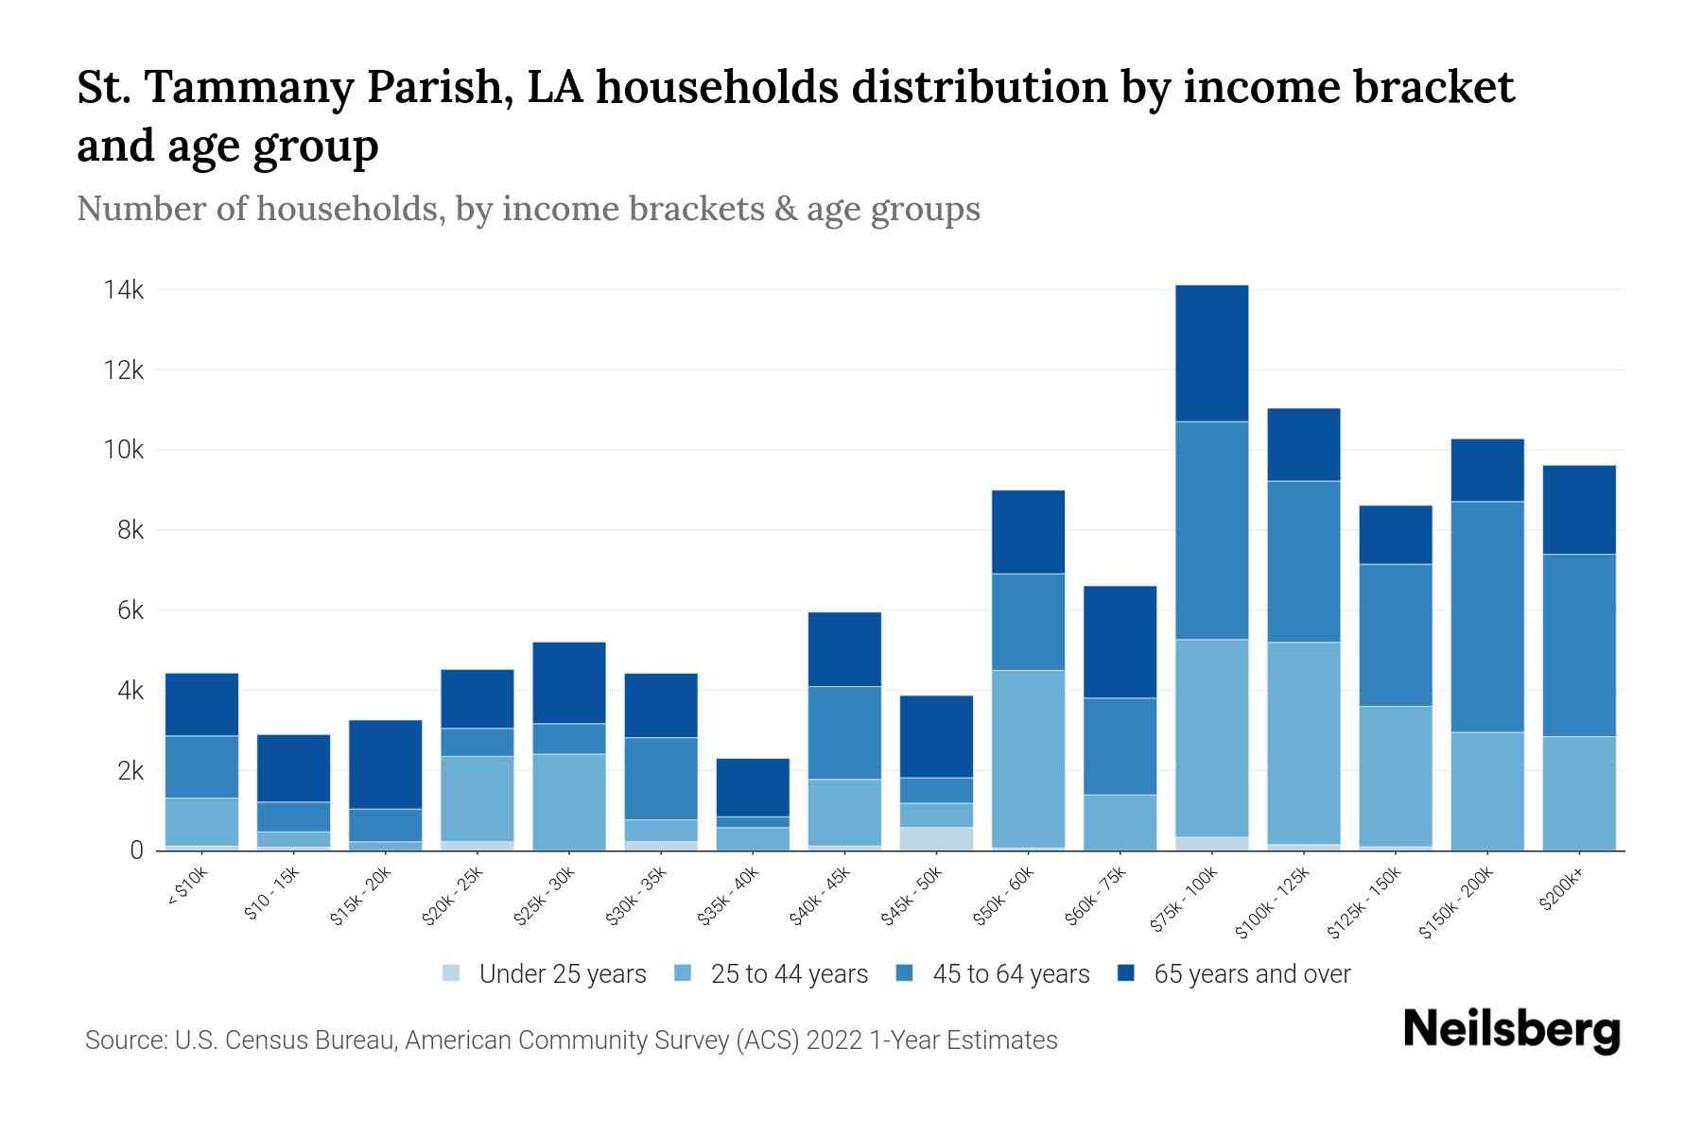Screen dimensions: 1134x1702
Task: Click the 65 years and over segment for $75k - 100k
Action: pyautogui.click(x=1211, y=353)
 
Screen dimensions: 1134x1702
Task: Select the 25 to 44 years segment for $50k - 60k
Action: pyautogui.click(x=1028, y=759)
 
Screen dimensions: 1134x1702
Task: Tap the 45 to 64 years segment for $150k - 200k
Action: pyautogui.click(x=1487, y=616)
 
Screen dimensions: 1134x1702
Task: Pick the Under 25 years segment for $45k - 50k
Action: pyautogui.click(x=936, y=839)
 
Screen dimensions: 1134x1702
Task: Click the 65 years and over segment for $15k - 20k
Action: pyautogui.click(x=385, y=765)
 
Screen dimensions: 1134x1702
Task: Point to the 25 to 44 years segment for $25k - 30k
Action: pyautogui.click(x=568, y=801)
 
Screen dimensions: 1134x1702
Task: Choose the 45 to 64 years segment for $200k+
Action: pyautogui.click(x=1579, y=644)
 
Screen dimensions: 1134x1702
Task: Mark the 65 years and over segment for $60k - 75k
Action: pyautogui.click(x=1120, y=642)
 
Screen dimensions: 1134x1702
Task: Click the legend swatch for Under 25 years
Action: pyautogui.click(x=452, y=973)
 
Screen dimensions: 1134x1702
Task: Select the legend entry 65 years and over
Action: pyautogui.click(x=1251, y=974)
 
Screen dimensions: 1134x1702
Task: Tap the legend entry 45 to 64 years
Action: pyautogui.click(x=1010, y=974)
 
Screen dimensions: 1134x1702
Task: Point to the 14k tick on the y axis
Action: pyautogui.click(x=124, y=290)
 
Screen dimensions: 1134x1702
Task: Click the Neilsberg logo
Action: pyautogui.click(x=1511, y=1030)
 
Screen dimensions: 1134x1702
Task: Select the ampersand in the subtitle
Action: pyautogui.click(x=784, y=209)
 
